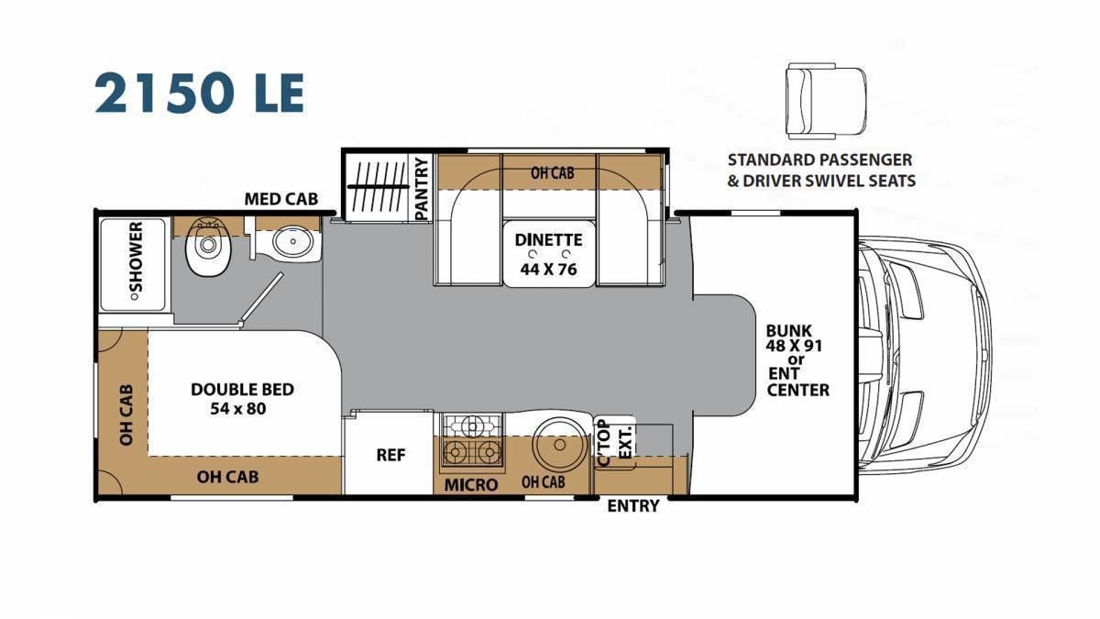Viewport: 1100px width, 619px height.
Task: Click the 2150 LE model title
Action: click(200, 93)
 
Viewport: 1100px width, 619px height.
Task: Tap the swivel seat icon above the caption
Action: click(824, 101)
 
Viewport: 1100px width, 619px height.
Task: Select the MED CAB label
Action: click(281, 199)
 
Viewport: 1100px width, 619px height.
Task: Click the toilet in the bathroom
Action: click(208, 246)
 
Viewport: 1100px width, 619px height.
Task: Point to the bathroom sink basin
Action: click(293, 242)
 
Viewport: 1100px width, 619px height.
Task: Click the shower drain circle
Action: click(133, 297)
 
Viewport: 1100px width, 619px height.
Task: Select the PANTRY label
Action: click(422, 189)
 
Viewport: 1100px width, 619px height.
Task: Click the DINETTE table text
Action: click(548, 239)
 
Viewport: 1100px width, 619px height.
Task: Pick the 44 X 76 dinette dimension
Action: click(548, 270)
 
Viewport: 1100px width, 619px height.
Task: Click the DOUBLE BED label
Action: click(243, 390)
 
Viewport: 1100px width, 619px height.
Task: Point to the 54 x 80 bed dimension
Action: click(238, 409)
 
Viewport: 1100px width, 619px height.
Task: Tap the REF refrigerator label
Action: click(390, 455)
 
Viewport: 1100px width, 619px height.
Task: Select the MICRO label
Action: click(471, 485)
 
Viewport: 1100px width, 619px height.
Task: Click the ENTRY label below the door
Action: click(633, 506)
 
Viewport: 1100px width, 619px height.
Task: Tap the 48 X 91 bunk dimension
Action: click(794, 346)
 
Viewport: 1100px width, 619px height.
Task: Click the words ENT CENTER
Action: click(798, 381)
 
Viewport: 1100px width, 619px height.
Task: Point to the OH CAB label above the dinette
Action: click(553, 173)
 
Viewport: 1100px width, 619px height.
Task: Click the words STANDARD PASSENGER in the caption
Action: click(820, 160)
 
